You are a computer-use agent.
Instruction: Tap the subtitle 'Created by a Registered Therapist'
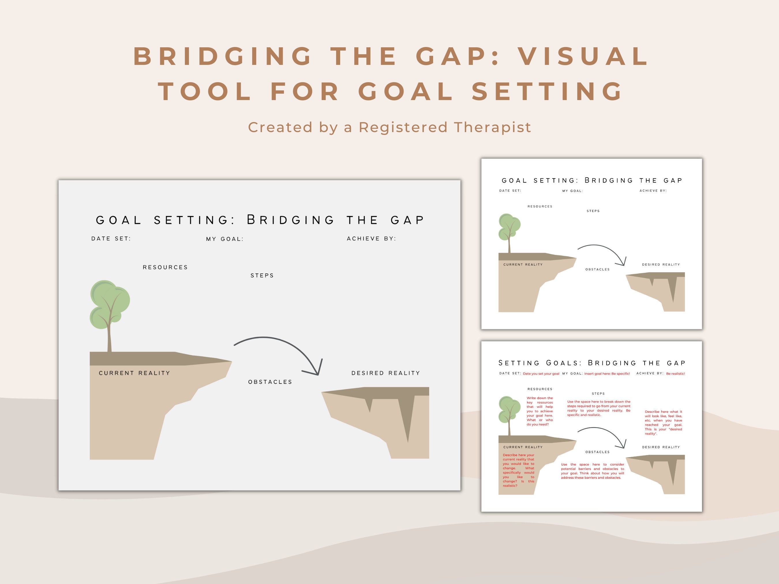click(389, 127)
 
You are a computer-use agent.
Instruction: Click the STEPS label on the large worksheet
click(262, 276)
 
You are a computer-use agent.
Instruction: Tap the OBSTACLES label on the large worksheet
click(270, 382)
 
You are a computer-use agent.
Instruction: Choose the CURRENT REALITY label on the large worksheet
click(134, 373)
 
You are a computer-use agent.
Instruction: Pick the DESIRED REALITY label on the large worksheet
click(386, 373)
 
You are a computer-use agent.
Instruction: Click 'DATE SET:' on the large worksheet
click(111, 239)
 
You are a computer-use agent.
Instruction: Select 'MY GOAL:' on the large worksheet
click(225, 239)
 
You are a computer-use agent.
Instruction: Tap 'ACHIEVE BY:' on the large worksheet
click(371, 239)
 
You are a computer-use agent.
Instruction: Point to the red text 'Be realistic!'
click(675, 373)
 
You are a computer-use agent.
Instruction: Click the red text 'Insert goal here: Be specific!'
click(607, 373)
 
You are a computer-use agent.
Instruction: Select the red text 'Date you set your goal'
click(541, 373)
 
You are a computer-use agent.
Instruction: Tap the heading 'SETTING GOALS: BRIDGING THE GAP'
click(592, 363)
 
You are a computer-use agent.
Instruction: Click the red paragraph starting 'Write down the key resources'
click(540, 411)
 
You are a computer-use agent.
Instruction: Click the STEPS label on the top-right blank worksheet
click(593, 211)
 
